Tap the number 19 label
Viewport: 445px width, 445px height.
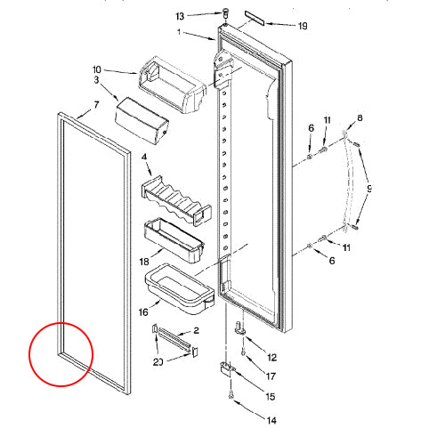tap(303, 26)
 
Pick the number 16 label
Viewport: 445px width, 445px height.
tap(144, 313)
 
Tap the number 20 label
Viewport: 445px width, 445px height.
tap(158, 361)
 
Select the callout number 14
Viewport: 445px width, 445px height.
tap(271, 418)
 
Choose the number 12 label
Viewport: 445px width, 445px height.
tap(271, 357)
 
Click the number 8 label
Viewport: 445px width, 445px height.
tap(360, 118)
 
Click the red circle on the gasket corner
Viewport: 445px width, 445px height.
tap(60, 354)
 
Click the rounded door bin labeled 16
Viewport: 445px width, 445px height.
tap(177, 290)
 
